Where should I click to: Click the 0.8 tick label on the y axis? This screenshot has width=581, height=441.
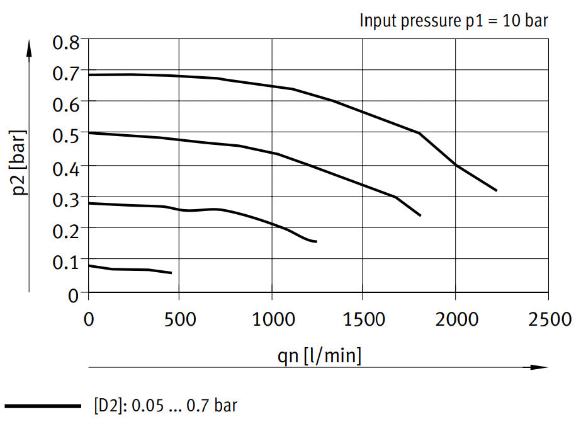pyautogui.click(x=67, y=43)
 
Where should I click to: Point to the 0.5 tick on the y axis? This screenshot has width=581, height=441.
pyautogui.click(x=67, y=135)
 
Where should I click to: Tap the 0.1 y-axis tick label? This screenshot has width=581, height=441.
pyautogui.click(x=67, y=260)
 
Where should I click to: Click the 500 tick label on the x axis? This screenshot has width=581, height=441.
pyautogui.click(x=180, y=319)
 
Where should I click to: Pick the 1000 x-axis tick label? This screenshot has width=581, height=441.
pyautogui.click(x=271, y=319)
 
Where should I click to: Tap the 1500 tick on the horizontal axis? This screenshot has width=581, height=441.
pyautogui.click(x=363, y=319)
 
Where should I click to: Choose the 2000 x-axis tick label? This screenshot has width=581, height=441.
pyautogui.click(x=455, y=319)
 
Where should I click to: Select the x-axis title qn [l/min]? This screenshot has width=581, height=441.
pyautogui.click(x=320, y=356)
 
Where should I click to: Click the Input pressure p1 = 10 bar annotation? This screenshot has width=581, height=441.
pyautogui.click(x=454, y=20)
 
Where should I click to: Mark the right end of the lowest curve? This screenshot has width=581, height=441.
pyautogui.click(x=171, y=273)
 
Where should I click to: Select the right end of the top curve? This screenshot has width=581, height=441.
pyautogui.click(x=497, y=190)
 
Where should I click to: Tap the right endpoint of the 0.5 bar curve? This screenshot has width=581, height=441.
pyautogui.click(x=420, y=215)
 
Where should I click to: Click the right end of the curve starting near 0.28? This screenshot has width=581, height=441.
pyautogui.click(x=316, y=242)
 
